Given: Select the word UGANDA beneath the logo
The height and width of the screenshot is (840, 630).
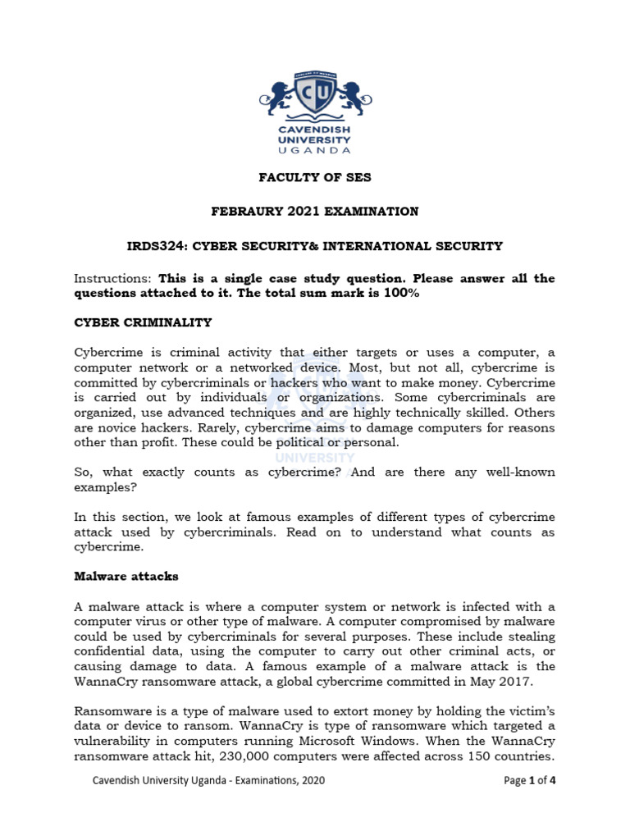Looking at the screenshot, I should click(x=315, y=150).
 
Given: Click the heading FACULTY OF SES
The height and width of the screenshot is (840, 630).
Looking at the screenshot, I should click(x=315, y=177).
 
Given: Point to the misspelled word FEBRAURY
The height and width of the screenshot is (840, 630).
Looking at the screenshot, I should click(x=244, y=212).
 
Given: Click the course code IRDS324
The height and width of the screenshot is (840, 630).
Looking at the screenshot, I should click(x=154, y=245).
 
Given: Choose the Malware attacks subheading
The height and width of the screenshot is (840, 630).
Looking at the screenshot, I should click(x=126, y=577).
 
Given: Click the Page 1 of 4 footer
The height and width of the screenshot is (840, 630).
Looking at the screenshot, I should click(x=530, y=781).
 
